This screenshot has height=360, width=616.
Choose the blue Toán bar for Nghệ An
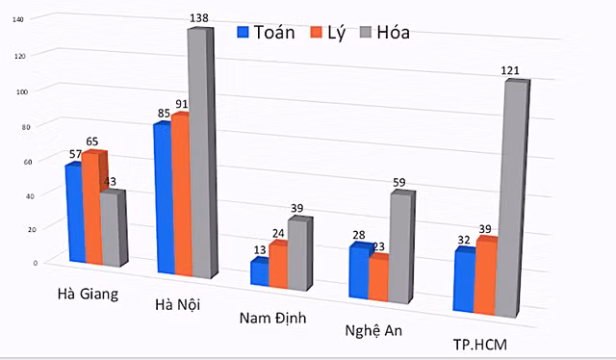tap(358, 273)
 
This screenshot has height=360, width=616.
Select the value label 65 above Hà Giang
tap(91, 141)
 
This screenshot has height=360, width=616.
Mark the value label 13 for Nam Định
tap(260, 250)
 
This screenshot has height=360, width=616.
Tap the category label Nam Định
tap(272, 320)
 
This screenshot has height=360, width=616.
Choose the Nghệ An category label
tap(373, 330)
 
